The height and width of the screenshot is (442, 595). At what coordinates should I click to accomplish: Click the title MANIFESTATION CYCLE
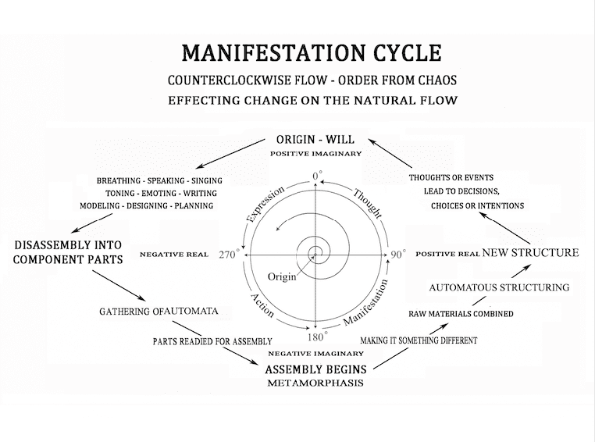311,53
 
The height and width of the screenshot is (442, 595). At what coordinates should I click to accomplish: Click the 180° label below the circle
315,337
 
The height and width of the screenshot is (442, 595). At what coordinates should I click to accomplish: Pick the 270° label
229,255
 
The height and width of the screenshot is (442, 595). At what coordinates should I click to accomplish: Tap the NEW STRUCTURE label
530,252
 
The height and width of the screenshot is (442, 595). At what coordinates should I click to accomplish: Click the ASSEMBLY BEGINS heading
317,369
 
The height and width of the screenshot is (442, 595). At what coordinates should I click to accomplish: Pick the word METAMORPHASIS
316,383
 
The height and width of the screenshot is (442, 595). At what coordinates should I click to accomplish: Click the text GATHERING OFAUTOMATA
159,311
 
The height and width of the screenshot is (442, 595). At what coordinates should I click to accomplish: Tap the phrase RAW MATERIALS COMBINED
461,314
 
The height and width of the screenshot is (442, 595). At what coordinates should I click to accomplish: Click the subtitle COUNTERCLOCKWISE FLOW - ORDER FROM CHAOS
312,81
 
